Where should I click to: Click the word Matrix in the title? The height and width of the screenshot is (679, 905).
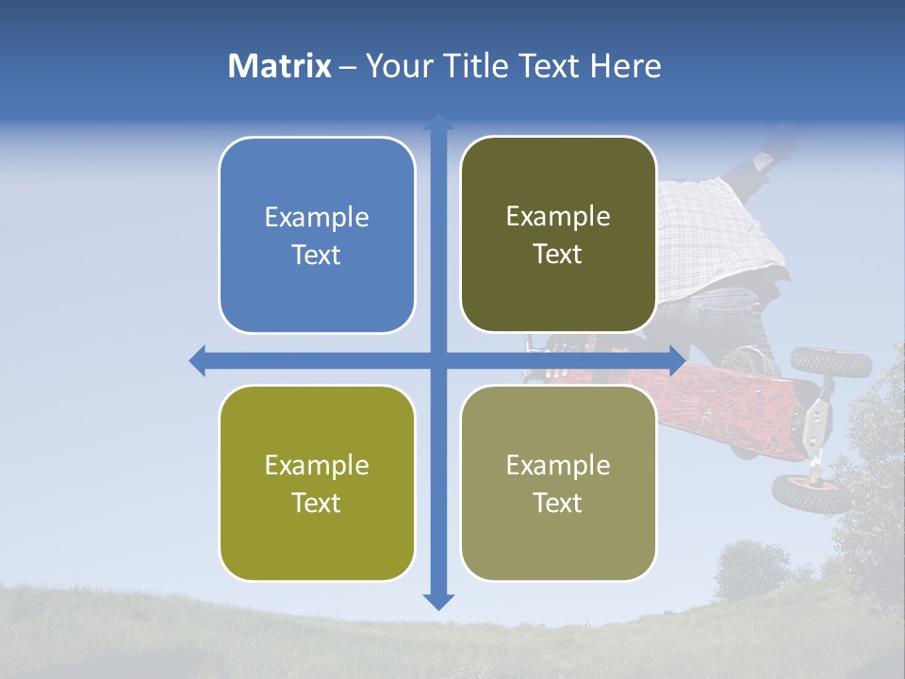tap(279, 66)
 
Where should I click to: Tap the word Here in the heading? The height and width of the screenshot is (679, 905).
tap(625, 66)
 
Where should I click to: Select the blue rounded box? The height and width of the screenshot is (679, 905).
tap(317, 235)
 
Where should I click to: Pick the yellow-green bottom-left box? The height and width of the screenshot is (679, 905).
tap(317, 483)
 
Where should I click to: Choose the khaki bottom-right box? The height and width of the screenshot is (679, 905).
tap(558, 483)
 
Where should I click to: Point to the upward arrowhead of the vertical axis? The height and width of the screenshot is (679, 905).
tap(438, 123)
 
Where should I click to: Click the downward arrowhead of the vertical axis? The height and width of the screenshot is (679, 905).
tap(438, 601)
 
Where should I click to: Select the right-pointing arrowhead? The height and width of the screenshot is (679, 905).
tap(676, 360)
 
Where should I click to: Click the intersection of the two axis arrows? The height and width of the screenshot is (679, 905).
tap(438, 360)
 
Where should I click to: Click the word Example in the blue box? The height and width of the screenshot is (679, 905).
tap(317, 218)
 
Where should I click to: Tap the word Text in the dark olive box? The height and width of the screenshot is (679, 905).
tap(558, 255)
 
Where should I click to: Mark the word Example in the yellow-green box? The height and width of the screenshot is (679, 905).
tap(317, 466)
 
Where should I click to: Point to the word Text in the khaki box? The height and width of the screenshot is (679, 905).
tap(558, 503)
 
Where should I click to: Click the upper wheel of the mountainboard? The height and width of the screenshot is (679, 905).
tap(818, 360)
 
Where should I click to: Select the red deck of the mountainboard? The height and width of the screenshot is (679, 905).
tap(735, 406)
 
